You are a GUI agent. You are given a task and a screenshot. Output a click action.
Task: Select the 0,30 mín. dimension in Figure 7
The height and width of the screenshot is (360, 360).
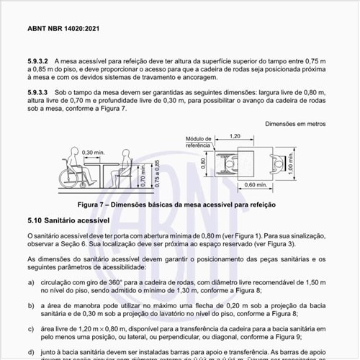[93, 153]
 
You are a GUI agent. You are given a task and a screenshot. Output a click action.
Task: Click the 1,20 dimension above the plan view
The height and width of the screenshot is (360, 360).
[235, 135]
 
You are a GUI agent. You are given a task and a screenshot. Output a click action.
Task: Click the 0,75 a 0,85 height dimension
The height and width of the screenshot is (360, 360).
[155, 171]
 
